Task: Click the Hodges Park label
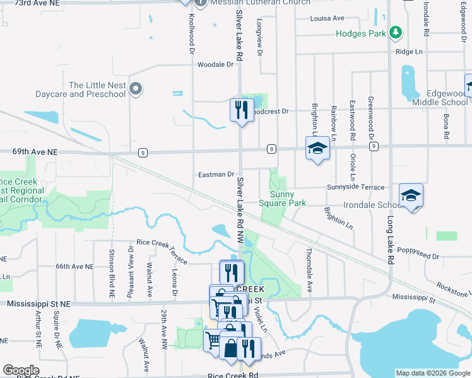[x=360, y=33]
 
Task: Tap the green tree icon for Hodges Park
[x=395, y=31]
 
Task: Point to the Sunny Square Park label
[x=283, y=198]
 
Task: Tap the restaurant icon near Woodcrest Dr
[x=241, y=110]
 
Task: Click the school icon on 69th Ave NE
[x=317, y=148]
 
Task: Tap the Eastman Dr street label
[x=216, y=174]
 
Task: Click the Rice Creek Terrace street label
[x=162, y=250]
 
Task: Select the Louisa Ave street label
[x=327, y=18]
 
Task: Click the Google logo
[x=21, y=370]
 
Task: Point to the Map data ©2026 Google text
[x=432, y=373]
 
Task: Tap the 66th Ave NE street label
[x=74, y=266]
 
